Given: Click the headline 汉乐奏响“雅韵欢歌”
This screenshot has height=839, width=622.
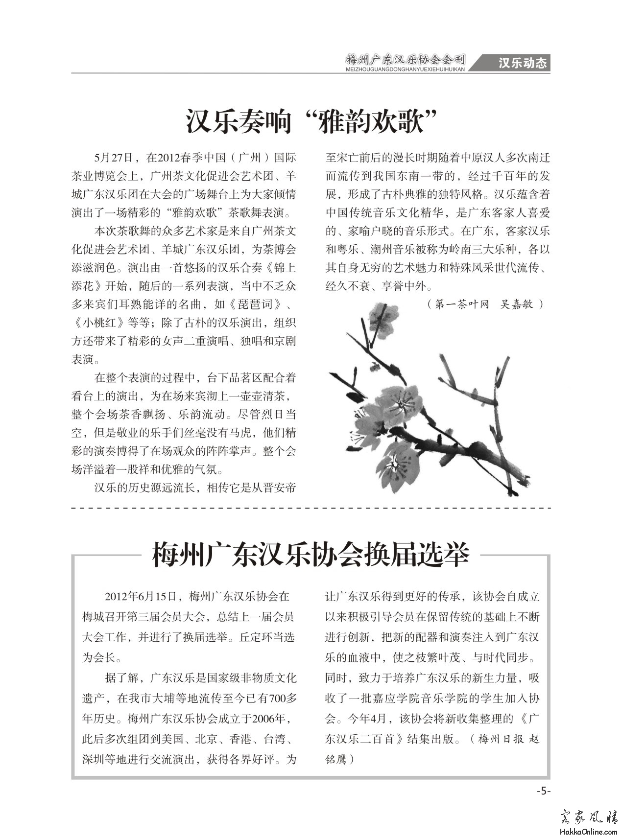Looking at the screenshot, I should pos(311,121).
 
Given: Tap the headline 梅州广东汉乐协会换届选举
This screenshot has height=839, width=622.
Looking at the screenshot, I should pos(311,555).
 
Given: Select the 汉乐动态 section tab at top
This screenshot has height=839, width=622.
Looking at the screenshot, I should pos(522,63).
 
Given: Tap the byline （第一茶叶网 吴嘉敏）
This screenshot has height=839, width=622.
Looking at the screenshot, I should pos(485,304).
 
